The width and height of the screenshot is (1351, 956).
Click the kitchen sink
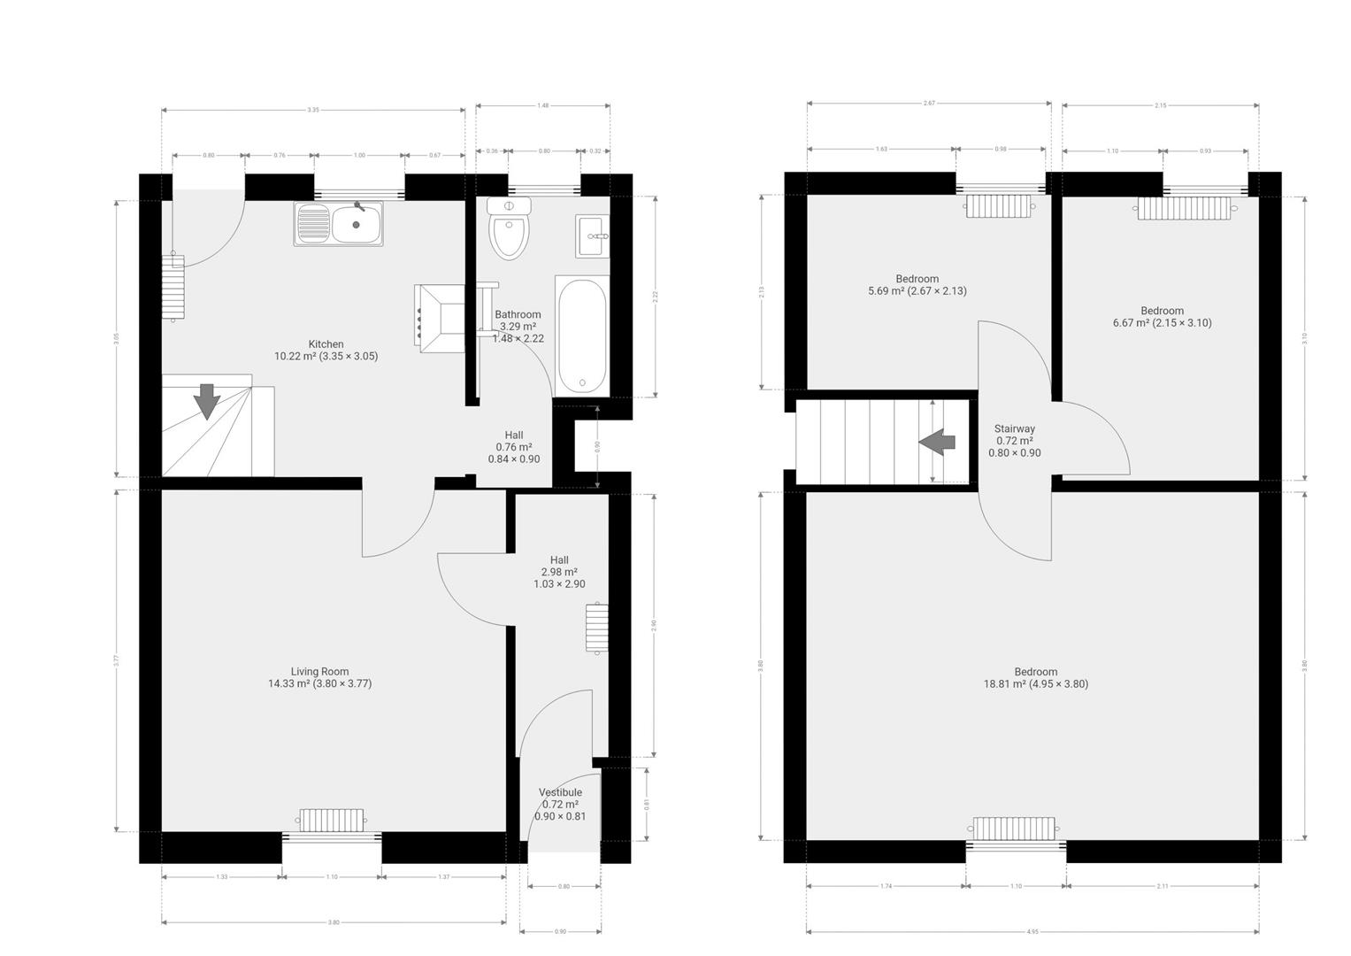[x=339, y=224]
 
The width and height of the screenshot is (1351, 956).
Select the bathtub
[x=581, y=335]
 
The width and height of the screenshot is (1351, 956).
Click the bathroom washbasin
[x=592, y=235]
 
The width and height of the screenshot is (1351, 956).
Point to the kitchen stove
[x=441, y=318]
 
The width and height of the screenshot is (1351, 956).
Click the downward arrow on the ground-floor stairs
[x=207, y=401]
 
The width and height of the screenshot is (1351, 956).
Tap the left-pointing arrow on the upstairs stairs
[x=937, y=442]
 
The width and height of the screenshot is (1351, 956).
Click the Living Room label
[x=319, y=677]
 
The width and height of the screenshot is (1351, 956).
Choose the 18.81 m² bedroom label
[x=1035, y=677]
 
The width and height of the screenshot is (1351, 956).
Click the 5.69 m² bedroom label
[x=917, y=284]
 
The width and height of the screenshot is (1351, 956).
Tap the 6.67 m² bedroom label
[x=1162, y=316]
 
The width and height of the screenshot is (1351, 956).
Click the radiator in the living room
[x=331, y=819]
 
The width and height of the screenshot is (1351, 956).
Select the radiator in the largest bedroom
[x=1013, y=828]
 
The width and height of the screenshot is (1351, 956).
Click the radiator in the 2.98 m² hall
[x=596, y=628]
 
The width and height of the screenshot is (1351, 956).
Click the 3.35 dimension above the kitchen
[x=313, y=110]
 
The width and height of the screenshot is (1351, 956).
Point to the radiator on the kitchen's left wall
[x=173, y=286]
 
